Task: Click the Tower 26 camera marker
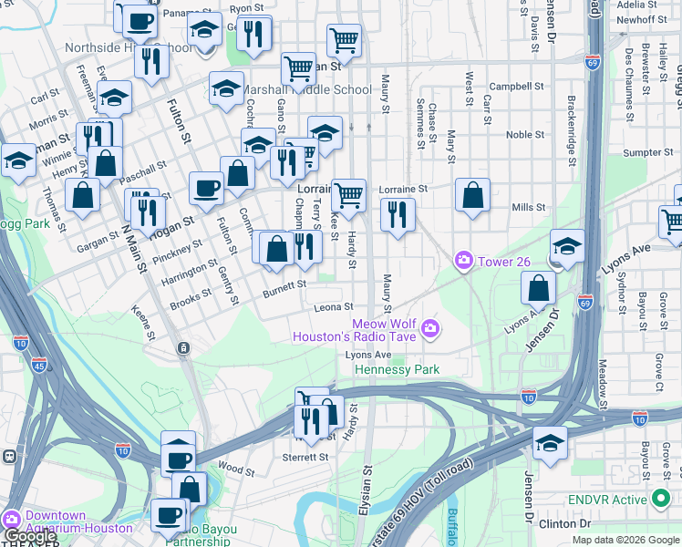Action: click(464, 262)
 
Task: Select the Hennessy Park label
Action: click(397, 369)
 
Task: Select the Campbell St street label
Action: click(516, 87)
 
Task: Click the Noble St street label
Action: click(525, 135)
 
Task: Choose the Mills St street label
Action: click(529, 208)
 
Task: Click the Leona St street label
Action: click(334, 308)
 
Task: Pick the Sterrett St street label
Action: click(305, 457)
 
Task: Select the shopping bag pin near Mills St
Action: click(473, 196)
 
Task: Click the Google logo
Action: click(29, 537)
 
